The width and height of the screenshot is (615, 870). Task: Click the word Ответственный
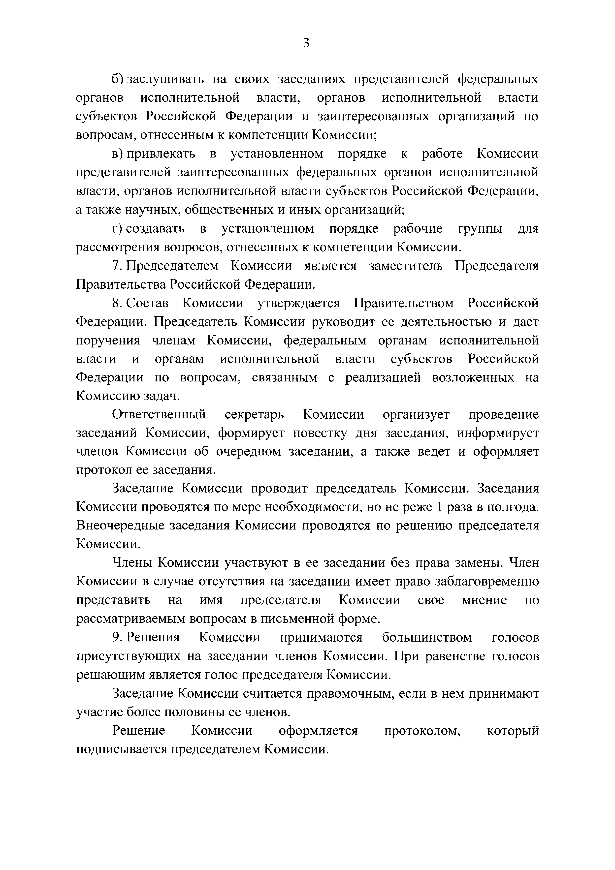[159, 414]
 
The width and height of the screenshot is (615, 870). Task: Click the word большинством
[427, 638]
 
